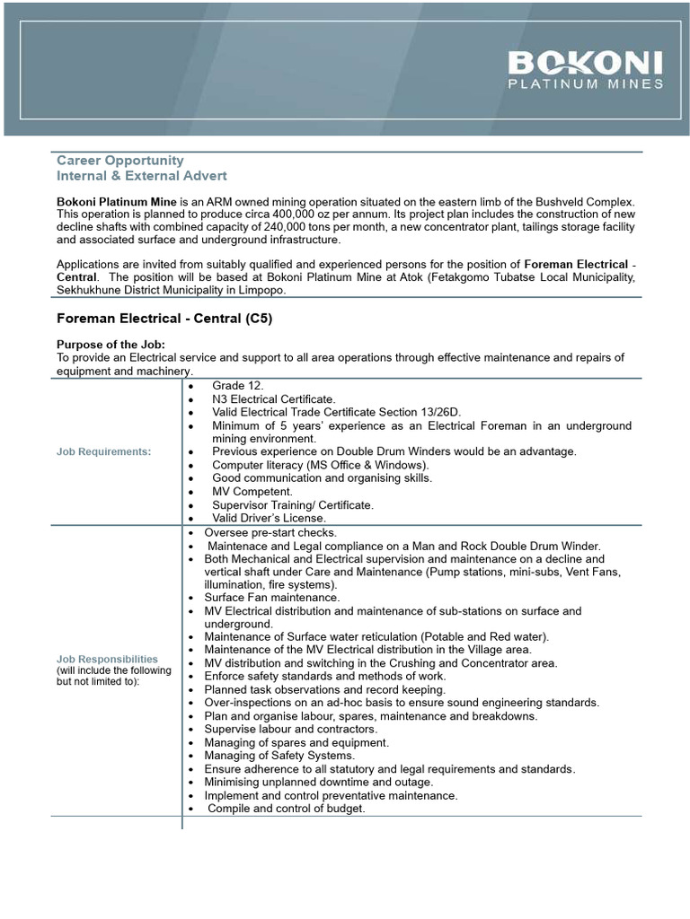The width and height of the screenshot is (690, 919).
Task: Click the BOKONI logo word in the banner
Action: click(x=585, y=63)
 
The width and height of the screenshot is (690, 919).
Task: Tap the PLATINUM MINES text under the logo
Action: click(x=585, y=84)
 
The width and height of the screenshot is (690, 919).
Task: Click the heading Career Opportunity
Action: click(x=120, y=161)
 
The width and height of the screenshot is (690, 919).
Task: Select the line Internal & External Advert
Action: click(x=142, y=176)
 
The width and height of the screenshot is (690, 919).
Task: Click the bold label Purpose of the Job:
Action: click(x=111, y=345)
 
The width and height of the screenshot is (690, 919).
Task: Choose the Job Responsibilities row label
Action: click(x=108, y=659)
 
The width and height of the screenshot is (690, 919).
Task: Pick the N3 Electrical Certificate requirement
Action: click(x=273, y=398)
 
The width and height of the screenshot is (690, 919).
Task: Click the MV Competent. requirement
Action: click(x=252, y=492)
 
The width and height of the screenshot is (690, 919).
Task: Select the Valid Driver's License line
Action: click(x=269, y=518)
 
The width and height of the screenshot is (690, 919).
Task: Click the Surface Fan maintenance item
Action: click(x=271, y=597)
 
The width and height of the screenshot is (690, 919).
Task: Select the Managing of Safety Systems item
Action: click(x=279, y=756)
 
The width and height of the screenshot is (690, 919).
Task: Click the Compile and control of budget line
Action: click(x=287, y=809)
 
